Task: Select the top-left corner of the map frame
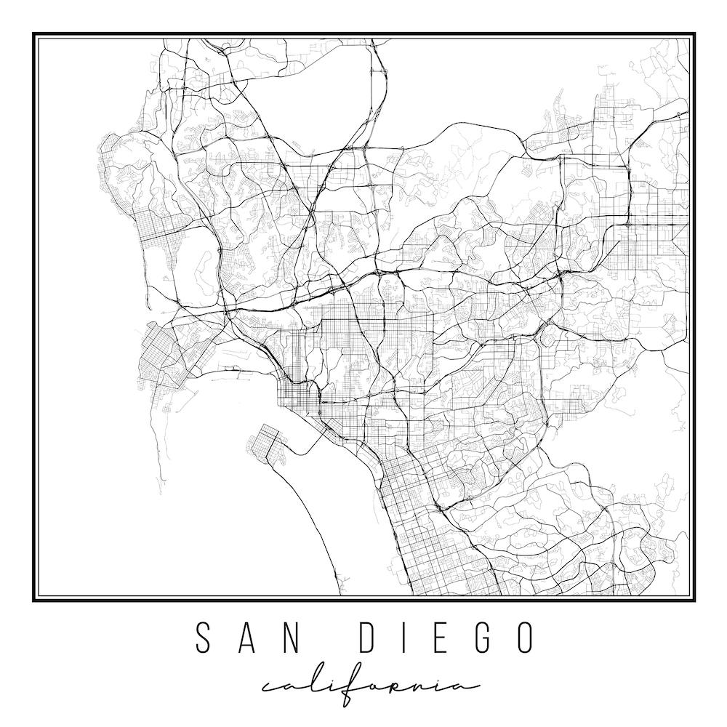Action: [33, 33]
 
